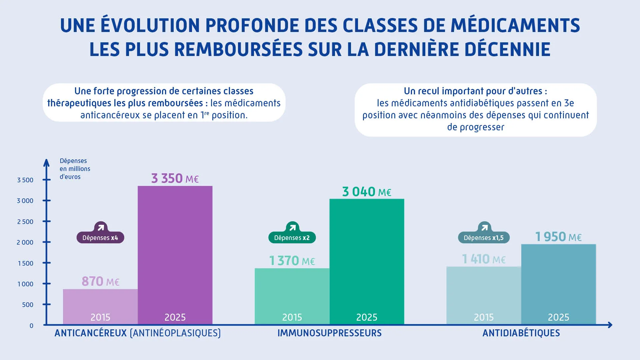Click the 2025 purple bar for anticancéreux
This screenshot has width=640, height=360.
tap(175, 253)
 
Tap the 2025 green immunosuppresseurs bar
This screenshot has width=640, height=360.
tap(367, 260)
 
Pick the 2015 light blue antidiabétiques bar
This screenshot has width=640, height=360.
tap(484, 293)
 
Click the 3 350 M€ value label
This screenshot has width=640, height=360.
tap(175, 179)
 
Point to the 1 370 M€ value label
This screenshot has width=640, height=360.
tap(292, 261)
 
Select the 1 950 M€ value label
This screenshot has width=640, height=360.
tap(558, 237)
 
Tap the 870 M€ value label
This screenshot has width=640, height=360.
tap(100, 282)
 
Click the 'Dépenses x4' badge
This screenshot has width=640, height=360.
tap(100, 238)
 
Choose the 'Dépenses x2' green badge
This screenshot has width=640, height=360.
tap(292, 238)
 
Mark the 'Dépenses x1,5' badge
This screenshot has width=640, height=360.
tap(484, 238)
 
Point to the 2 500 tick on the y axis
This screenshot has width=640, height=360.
tap(25, 222)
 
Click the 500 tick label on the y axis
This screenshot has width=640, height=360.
tap(28, 305)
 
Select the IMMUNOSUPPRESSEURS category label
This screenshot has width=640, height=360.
tap(329, 333)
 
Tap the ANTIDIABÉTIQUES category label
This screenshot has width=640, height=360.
tap(521, 333)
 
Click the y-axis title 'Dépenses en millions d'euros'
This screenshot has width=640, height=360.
tap(75, 169)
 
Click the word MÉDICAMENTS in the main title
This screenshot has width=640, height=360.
tap(515, 25)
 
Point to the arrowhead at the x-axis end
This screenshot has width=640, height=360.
tap(610, 325)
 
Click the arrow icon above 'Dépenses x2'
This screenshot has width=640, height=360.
tap(292, 228)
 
